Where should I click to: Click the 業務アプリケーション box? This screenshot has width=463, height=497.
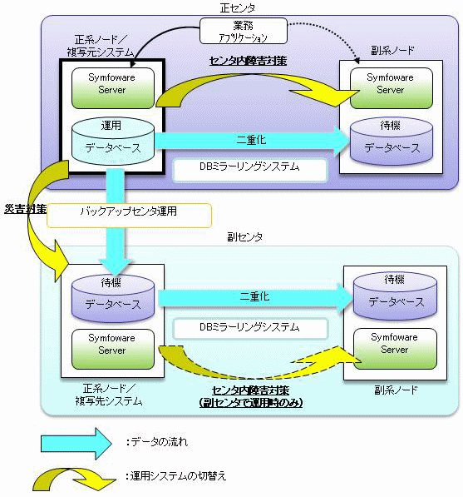(244, 31)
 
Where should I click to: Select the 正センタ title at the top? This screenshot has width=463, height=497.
(238, 8)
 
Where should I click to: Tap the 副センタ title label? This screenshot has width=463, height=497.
(244, 236)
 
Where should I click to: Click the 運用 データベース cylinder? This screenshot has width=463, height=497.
(113, 141)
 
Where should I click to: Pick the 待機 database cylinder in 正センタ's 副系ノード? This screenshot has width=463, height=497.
(392, 141)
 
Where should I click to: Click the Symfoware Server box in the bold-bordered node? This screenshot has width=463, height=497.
(113, 88)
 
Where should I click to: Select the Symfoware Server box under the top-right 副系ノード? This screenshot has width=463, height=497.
(392, 88)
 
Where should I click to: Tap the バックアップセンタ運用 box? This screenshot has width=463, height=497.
(129, 216)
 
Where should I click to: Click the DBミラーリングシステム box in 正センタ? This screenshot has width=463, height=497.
(249, 170)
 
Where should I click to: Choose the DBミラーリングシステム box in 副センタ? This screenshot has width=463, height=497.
(250, 328)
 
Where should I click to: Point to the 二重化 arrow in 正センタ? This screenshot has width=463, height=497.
(252, 140)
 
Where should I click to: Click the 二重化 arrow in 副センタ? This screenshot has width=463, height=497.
(254, 297)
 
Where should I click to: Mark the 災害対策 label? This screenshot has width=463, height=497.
(25, 209)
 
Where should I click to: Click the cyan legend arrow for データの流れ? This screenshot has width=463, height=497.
(76, 444)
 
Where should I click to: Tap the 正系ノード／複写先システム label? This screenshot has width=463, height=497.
(109, 395)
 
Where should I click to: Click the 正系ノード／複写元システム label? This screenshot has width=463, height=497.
(101, 46)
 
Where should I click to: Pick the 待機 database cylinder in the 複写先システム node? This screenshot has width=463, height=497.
(113, 298)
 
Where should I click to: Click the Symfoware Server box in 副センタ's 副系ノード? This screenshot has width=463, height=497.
(395, 349)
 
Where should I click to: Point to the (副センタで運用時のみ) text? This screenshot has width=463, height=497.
(251, 403)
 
